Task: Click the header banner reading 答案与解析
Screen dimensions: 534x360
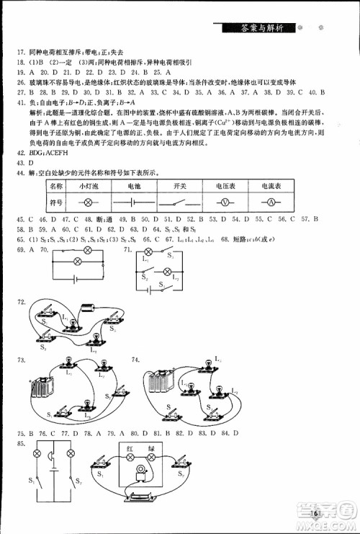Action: (x=264, y=28)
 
